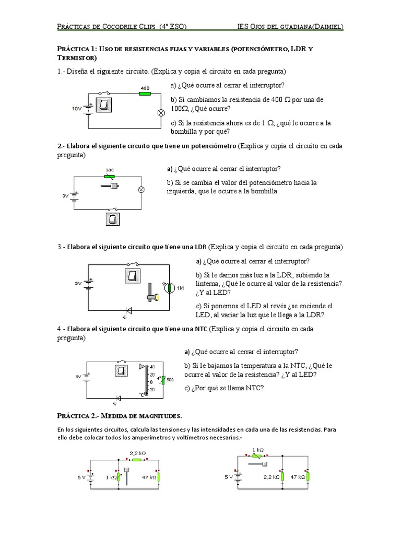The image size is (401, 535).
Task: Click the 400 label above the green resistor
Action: click(145, 88)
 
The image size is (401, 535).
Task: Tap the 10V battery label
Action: click(76, 109)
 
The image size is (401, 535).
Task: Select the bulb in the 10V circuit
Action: click(161, 112)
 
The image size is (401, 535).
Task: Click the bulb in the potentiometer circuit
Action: click(140, 190)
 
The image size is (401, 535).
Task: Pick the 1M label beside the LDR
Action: click(181, 288)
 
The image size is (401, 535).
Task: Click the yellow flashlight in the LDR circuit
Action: click(152, 296)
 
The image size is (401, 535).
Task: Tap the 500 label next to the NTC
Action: click(170, 379)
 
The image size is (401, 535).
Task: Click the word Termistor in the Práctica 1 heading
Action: click(77, 58)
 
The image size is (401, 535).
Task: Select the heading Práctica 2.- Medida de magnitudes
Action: click(119, 416)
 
